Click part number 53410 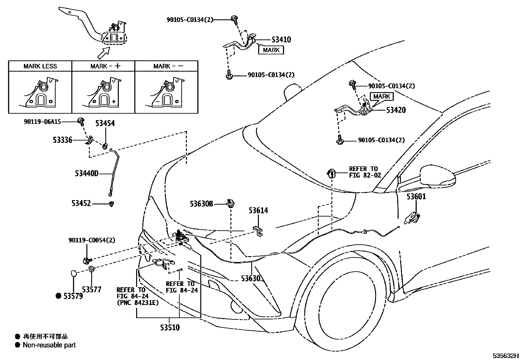pos(281,40)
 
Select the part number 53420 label pos(396,110)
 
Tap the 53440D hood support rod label pos(86,174)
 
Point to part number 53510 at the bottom pos(170,327)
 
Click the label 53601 pos(416,197)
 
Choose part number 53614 pos(258,211)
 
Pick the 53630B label pos(201,204)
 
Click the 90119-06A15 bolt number pos(42,122)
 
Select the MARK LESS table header pos(40,66)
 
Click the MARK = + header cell pos(105,66)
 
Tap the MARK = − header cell pos(168,66)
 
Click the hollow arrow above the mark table pos(103,53)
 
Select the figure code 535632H pos(506,355)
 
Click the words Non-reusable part pos(49,345)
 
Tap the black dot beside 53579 pos(58,296)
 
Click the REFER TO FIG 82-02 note pos(365,172)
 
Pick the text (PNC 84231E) pos(138,303)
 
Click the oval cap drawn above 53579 pos(74,274)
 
